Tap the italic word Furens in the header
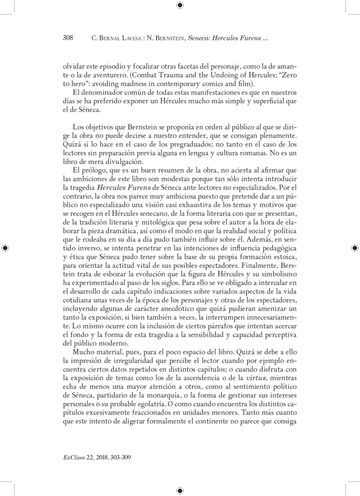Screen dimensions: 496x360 250,39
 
